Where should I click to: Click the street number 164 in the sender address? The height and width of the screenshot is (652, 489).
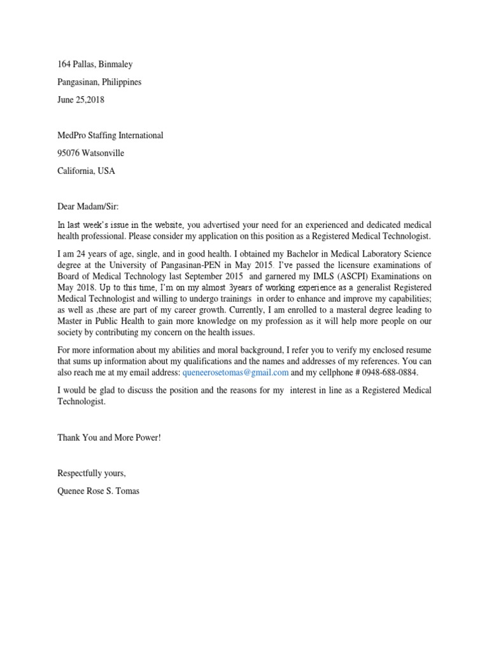(x=64, y=64)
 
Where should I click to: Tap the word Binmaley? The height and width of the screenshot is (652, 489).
(x=117, y=64)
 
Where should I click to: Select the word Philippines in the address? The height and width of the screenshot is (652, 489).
(x=122, y=82)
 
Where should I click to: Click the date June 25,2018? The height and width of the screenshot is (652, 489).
(x=81, y=100)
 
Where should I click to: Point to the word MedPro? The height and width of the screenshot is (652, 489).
(x=73, y=136)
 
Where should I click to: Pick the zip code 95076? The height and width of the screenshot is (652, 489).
(x=70, y=153)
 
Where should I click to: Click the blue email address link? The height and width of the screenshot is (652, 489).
(x=235, y=372)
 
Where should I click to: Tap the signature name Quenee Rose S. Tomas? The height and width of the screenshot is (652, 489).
(x=99, y=491)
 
